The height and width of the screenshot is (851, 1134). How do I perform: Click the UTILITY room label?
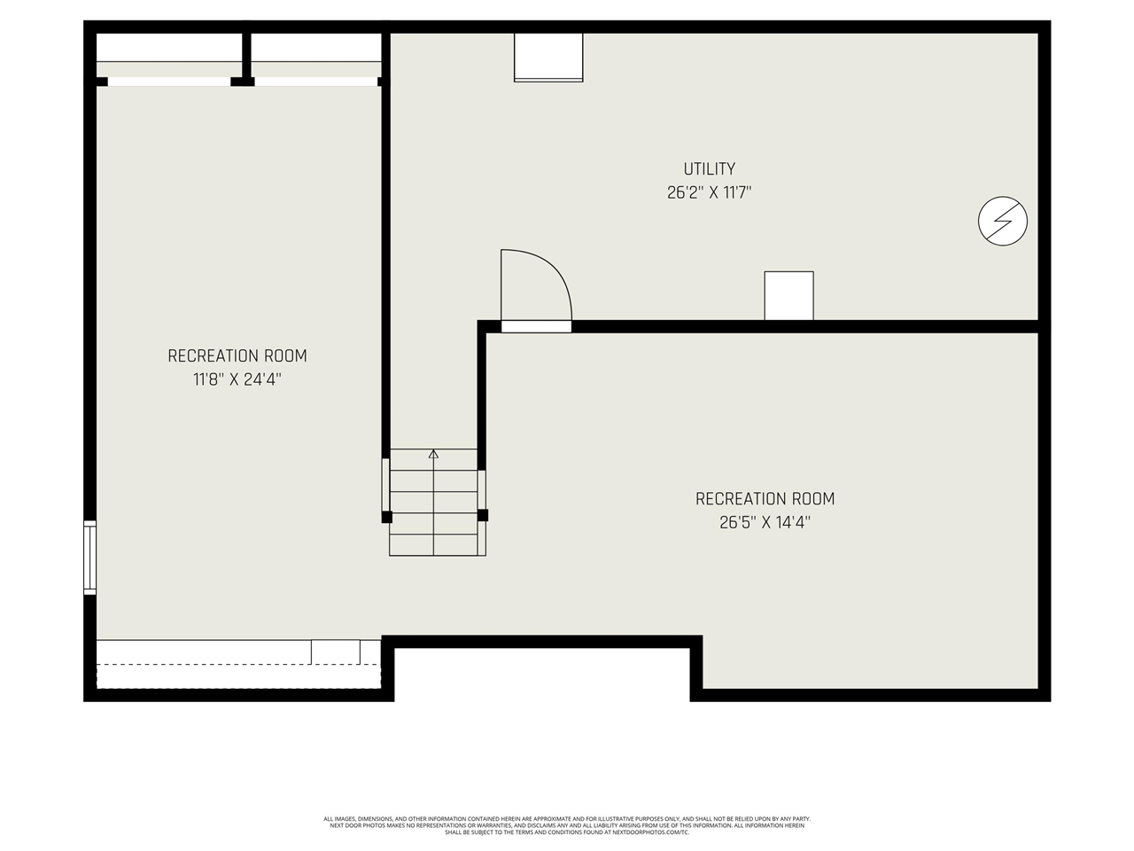coord(709,168)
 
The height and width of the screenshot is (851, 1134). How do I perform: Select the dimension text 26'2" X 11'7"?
coord(709,192)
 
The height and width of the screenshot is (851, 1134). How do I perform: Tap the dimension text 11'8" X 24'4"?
coord(237,379)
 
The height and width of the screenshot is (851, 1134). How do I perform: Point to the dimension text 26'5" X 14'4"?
coord(765,523)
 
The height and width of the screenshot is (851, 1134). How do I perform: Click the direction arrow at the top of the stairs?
coord(433,455)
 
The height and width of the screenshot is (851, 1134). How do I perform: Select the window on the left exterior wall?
coord(89,558)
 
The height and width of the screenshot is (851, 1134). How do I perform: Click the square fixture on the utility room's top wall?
coord(548,58)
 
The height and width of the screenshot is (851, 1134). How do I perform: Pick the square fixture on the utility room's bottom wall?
coord(788,295)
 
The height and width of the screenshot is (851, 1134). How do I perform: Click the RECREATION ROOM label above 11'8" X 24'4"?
coord(237,355)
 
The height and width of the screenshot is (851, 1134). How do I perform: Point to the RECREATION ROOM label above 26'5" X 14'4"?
coord(765,499)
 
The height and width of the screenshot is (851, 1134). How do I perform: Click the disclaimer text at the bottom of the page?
coord(567,825)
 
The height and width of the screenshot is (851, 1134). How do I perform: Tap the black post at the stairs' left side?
coord(386,516)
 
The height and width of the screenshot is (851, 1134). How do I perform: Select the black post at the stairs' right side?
coord(483,515)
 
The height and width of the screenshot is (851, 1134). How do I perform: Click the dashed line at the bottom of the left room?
coord(237,665)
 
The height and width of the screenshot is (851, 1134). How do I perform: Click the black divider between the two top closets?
coord(246,58)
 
